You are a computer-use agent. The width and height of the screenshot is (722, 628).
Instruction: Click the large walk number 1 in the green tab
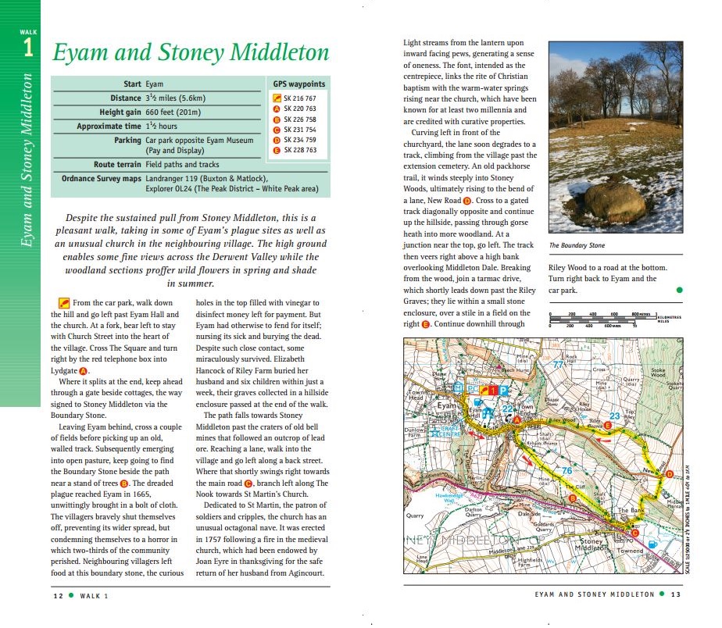[28, 48]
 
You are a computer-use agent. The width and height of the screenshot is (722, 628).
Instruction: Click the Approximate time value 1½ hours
[162, 126]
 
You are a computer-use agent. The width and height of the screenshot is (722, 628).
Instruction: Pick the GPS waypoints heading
[298, 84]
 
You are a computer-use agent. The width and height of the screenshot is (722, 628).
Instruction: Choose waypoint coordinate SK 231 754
[300, 130]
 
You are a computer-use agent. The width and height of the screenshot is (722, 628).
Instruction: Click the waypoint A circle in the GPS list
[276, 109]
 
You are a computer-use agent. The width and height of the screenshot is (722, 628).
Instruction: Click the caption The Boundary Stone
[577, 245]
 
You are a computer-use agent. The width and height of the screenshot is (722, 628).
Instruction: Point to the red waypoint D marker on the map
[668, 474]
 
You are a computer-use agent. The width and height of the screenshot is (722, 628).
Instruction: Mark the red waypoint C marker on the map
[634, 533]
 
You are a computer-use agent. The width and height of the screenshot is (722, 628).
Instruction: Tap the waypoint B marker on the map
[573, 498]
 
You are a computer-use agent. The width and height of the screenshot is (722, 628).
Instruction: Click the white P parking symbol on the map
[504, 389]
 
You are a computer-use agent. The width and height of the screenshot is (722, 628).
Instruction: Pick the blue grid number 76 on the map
[567, 471]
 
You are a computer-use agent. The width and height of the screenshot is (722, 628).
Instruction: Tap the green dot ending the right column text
[679, 290]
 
